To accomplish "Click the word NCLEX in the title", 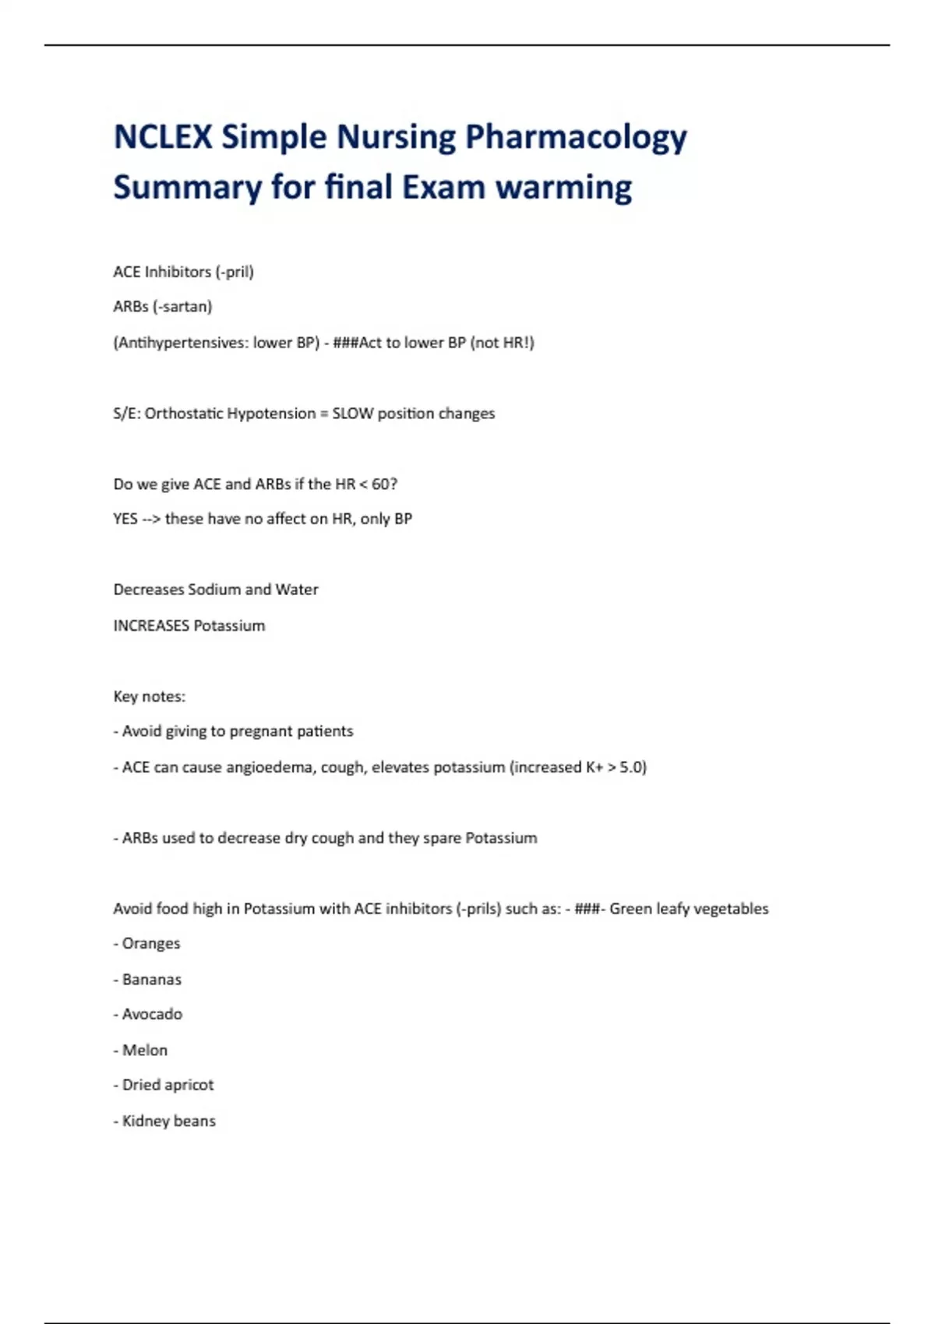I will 162,137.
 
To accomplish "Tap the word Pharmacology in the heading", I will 576,137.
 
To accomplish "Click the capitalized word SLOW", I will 352,414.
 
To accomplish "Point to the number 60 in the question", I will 382,484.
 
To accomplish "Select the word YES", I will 125,519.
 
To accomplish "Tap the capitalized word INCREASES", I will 151,625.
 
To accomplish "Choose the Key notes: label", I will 150,696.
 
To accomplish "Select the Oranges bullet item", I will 150,943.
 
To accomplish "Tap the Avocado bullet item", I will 152,1014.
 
